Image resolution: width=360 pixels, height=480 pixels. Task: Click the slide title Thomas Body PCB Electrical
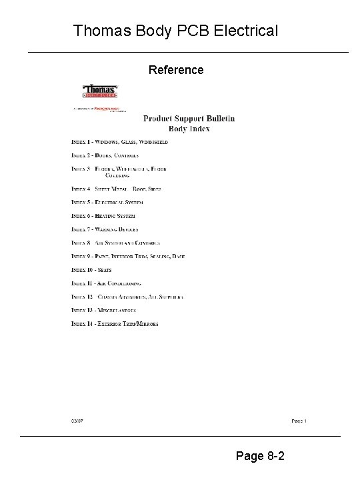(176, 31)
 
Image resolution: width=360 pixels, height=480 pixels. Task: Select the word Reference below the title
(176, 69)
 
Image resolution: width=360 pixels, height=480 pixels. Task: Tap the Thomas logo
(100, 91)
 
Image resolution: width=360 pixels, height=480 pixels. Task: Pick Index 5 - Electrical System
(107, 201)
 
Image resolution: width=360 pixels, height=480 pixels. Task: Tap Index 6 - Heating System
(103, 215)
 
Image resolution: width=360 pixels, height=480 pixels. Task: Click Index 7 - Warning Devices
(105, 229)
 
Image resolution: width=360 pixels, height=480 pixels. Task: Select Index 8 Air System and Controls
(116, 243)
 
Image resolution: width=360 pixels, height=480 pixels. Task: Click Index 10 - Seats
(92, 269)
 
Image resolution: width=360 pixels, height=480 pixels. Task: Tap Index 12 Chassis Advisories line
(127, 297)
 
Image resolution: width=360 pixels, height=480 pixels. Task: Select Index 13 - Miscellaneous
(104, 310)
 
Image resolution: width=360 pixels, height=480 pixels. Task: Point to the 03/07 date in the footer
(78, 421)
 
